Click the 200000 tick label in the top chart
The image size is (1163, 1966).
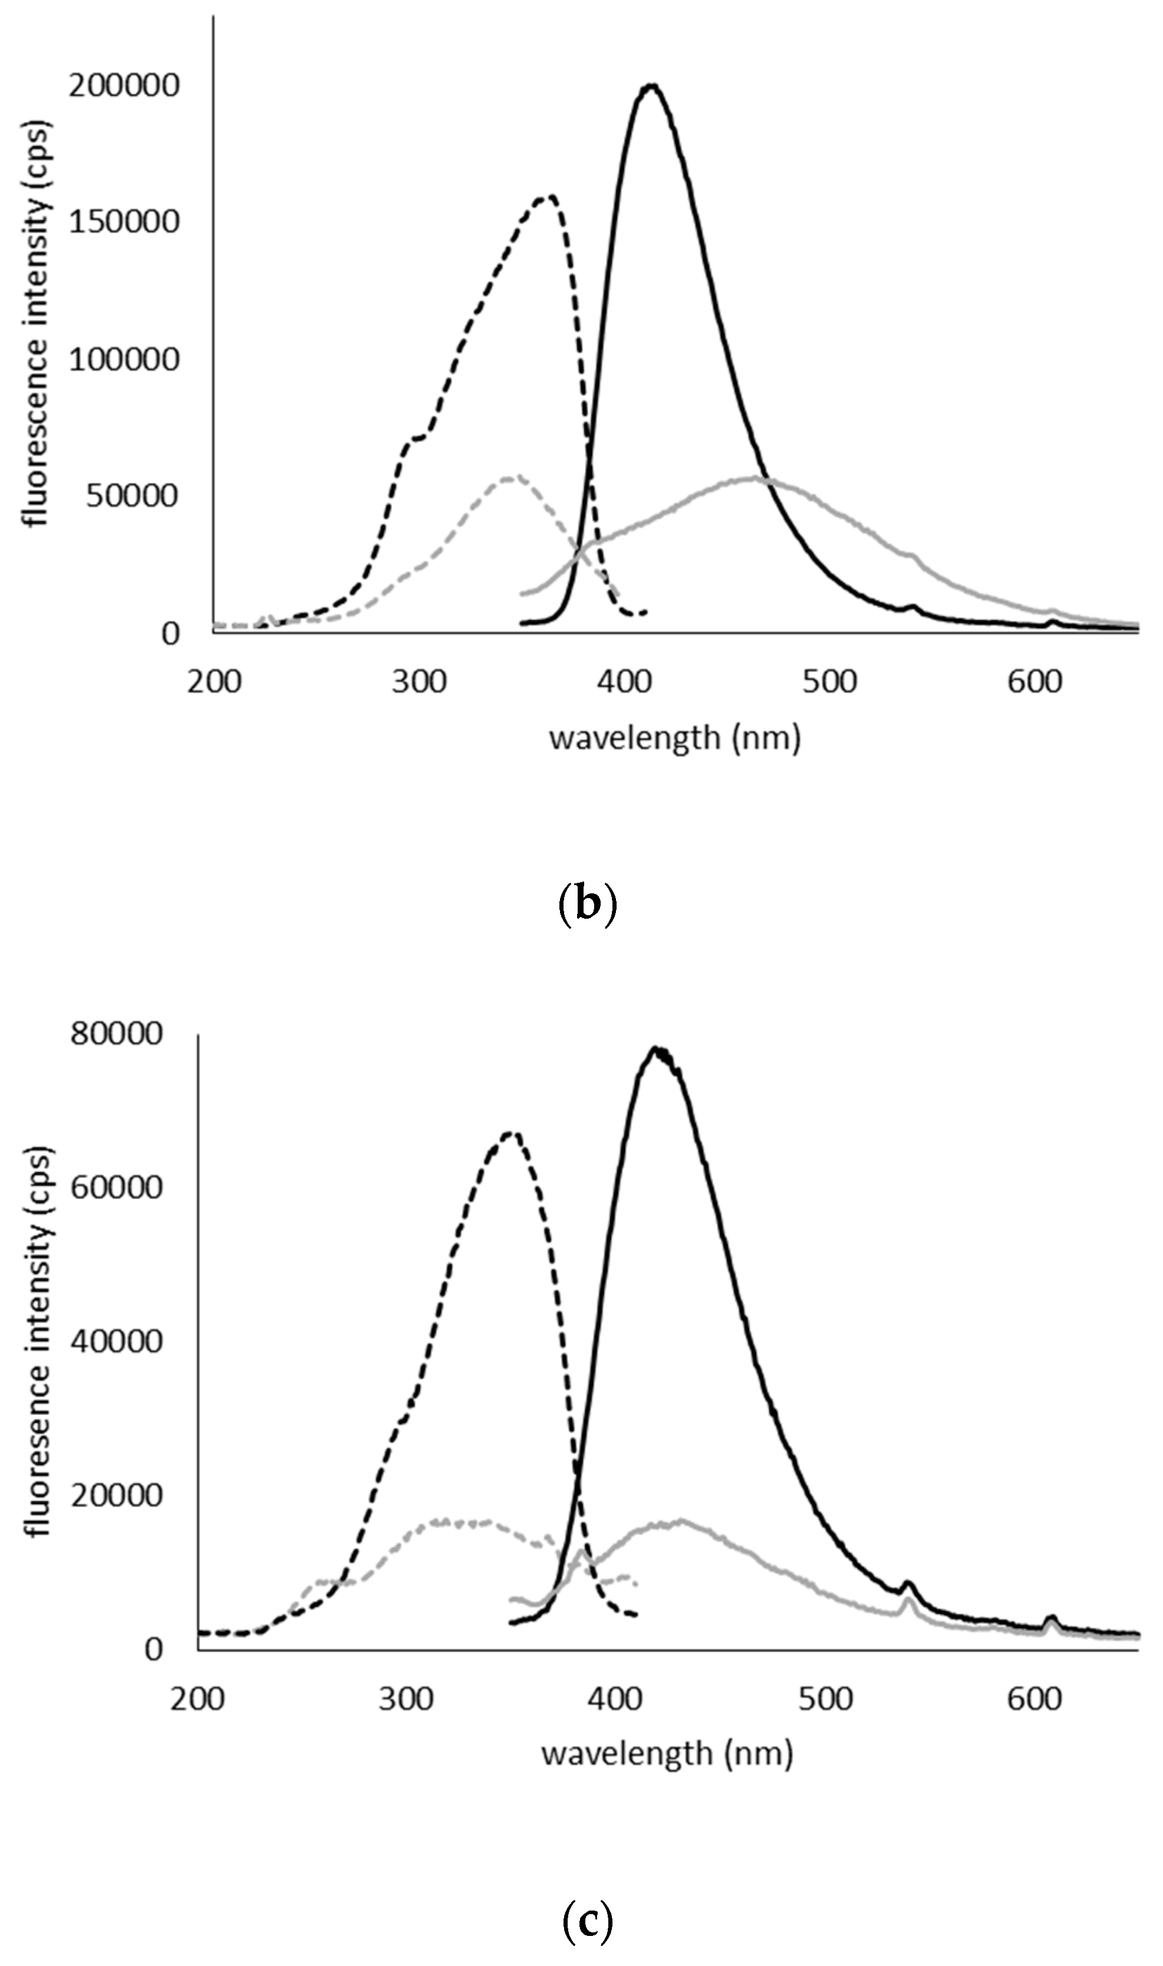124,86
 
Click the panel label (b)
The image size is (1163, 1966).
587,905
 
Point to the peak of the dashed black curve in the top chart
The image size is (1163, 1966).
552,197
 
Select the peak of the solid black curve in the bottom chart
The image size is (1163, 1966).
657,1049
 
